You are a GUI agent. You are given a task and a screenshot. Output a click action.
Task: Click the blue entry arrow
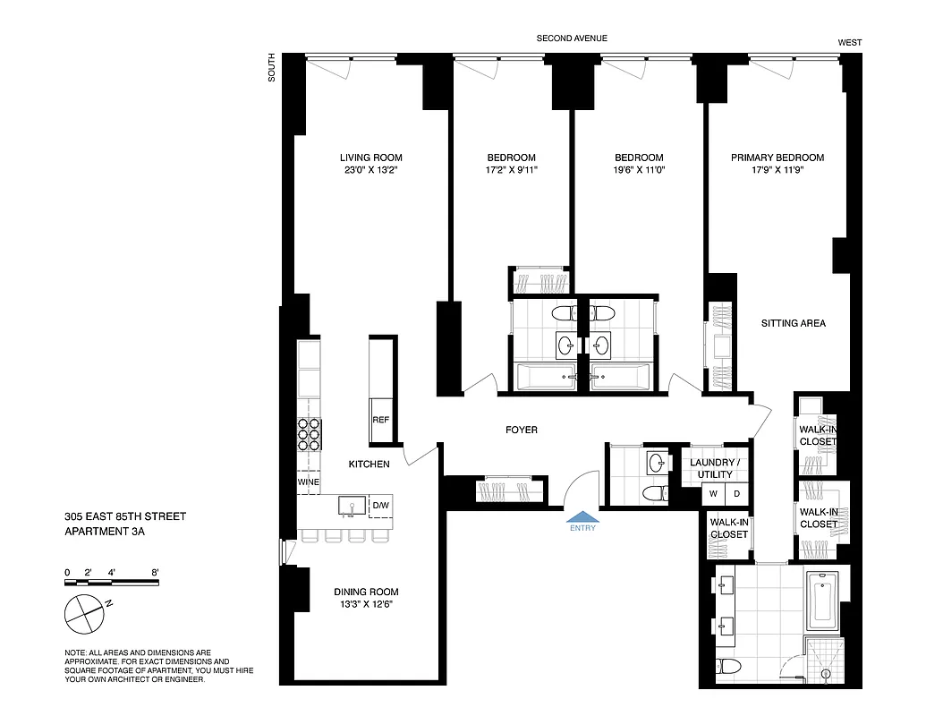point(582,516)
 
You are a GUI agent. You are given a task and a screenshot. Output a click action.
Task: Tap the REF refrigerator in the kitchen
point(380,420)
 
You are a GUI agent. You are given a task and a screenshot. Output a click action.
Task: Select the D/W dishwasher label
point(380,507)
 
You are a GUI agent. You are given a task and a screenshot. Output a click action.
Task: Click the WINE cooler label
point(309,482)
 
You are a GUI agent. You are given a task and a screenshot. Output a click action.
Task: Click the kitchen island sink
point(352,507)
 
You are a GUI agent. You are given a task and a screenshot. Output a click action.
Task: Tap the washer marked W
point(715,493)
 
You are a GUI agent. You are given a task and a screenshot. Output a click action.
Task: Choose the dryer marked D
point(737,493)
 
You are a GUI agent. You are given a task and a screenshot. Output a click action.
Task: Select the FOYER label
point(522,430)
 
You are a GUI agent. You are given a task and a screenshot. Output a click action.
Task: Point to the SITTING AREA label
point(793,323)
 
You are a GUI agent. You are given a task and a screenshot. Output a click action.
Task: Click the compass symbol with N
point(84,614)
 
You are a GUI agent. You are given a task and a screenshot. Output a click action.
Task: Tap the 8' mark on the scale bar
point(155,572)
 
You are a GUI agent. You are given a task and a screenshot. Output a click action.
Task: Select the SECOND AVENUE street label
point(572,38)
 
